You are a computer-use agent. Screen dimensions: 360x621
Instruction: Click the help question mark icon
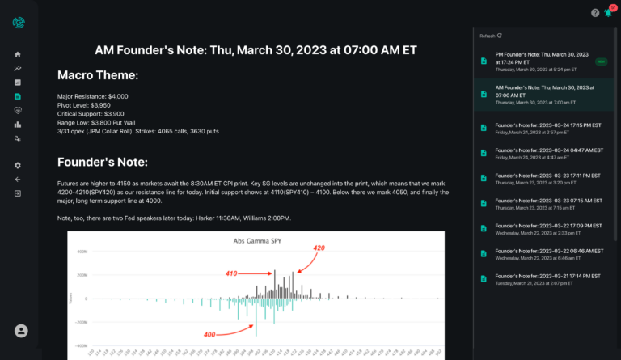click(595, 13)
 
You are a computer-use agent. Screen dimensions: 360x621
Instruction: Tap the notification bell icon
click(608, 13)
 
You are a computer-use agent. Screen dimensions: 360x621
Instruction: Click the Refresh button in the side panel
click(491, 36)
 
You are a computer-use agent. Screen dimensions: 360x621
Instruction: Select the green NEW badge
click(600, 61)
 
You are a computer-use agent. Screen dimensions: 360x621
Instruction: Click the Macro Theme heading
click(98, 75)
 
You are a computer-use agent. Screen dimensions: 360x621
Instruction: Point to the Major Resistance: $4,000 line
click(93, 96)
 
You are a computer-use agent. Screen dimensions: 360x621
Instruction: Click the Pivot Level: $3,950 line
click(84, 105)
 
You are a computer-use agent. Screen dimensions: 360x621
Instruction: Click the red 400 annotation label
click(209, 334)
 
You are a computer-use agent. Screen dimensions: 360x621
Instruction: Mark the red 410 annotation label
click(231, 273)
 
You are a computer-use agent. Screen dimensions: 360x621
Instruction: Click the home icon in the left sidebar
click(18, 54)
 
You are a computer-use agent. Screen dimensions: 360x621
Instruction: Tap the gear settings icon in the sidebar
click(18, 165)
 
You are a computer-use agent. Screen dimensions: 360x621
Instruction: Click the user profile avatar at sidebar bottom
click(21, 331)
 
